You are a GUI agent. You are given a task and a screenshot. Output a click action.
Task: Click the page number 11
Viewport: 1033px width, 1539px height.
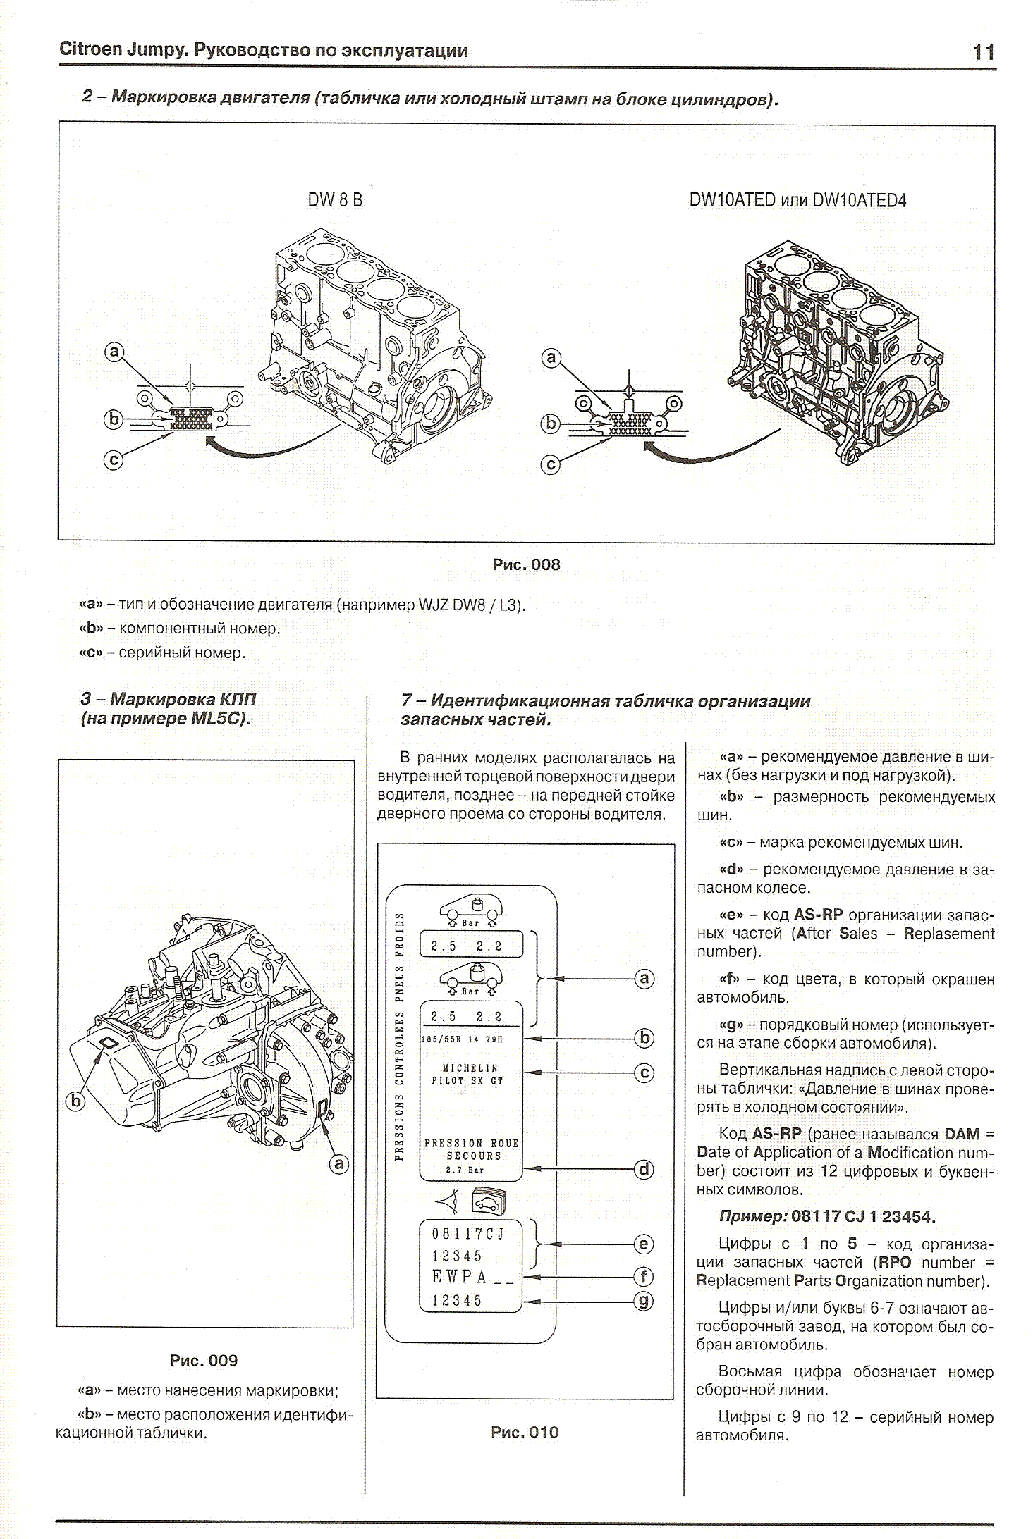983,53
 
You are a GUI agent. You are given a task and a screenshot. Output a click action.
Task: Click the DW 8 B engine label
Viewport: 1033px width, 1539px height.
335,200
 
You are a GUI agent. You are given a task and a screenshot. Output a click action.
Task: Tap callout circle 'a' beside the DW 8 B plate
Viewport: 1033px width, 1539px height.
114,352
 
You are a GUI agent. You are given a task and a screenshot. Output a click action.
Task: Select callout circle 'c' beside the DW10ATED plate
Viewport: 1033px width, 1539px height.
551,465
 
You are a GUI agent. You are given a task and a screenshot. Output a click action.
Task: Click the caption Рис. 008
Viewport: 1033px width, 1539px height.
526,565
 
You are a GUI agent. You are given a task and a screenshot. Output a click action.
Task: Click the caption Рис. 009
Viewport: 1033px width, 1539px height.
204,1361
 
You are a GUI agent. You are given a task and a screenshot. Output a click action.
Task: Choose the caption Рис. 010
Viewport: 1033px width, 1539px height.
525,1433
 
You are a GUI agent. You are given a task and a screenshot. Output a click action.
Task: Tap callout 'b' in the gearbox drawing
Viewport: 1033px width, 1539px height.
75,1101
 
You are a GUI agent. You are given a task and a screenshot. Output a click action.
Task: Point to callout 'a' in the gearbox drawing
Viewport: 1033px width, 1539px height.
339,1163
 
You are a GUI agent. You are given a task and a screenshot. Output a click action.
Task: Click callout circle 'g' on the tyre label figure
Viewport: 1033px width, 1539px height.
644,1301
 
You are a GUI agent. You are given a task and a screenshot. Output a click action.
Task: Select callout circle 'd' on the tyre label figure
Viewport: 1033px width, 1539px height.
644,1170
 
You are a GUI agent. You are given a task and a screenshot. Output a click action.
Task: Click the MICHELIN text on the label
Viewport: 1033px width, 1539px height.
470,1068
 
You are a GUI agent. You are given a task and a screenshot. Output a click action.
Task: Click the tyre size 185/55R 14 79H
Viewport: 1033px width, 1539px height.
463,1039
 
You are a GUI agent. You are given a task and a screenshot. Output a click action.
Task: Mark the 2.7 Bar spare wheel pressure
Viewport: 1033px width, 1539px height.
465,1170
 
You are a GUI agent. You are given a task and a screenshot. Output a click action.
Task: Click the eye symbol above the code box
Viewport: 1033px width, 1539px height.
448,1201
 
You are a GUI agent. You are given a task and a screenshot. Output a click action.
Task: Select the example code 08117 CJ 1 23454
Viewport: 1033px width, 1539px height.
863,1216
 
